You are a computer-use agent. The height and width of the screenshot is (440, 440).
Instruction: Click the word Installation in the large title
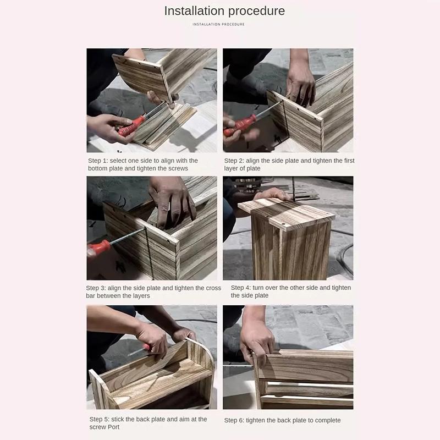click(x=195, y=11)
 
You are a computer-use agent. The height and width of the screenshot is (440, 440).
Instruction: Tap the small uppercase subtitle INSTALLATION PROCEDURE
click(x=218, y=24)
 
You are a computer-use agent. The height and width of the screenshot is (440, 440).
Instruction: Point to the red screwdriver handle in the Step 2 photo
click(x=240, y=125)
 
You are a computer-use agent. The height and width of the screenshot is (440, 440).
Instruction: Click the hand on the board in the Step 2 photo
click(x=300, y=84)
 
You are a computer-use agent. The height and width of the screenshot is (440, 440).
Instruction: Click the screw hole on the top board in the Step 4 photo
click(x=283, y=224)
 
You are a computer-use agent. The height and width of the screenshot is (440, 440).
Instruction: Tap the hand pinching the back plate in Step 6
click(x=256, y=345)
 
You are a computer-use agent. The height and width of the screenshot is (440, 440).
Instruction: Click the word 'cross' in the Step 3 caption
click(x=213, y=288)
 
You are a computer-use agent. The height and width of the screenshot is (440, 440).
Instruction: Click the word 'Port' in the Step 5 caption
click(x=113, y=427)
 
